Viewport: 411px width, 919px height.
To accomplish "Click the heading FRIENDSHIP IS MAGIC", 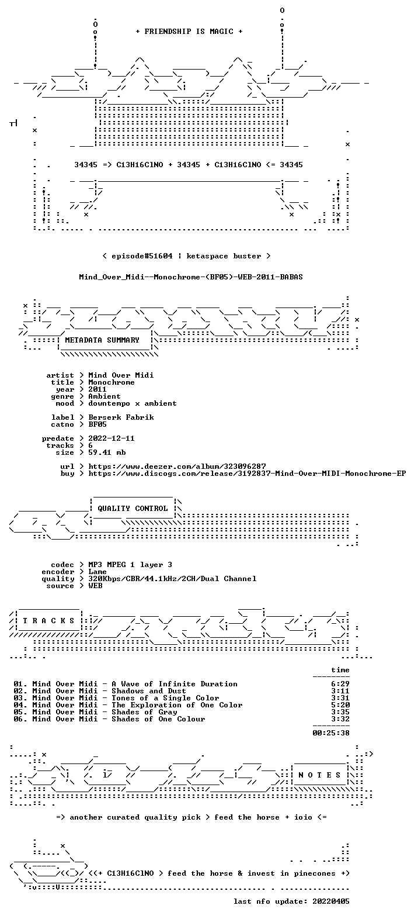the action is [x=189, y=32].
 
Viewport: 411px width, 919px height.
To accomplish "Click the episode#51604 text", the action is [x=142, y=256].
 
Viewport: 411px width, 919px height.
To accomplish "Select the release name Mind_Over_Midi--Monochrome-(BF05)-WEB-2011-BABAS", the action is [x=191, y=277].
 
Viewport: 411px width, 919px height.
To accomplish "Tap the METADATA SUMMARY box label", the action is [x=102, y=340].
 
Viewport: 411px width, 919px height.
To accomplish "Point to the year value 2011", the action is [x=97, y=389].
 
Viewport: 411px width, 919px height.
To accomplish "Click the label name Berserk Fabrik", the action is [x=121, y=417].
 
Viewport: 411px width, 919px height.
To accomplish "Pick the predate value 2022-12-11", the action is [x=112, y=438].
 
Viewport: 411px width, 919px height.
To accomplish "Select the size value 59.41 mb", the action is [x=107, y=452].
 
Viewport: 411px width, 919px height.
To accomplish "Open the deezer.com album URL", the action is [x=177, y=467].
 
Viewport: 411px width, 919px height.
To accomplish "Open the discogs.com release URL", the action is [x=247, y=474].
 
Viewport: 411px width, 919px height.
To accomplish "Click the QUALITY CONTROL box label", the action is [x=133, y=509].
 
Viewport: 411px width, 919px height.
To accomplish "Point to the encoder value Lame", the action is [x=97, y=572].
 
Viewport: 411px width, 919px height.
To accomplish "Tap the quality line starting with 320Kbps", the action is [x=172, y=579].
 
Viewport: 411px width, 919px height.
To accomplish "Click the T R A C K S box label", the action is [x=49, y=621].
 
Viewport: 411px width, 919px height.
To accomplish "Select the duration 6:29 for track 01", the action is [x=340, y=684].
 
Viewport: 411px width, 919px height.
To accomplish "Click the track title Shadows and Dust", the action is [x=149, y=691].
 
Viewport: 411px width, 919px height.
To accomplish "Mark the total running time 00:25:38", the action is [x=331, y=733].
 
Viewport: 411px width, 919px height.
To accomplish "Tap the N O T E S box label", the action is [x=319, y=775].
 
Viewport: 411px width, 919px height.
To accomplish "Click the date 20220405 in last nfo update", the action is [x=331, y=901].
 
